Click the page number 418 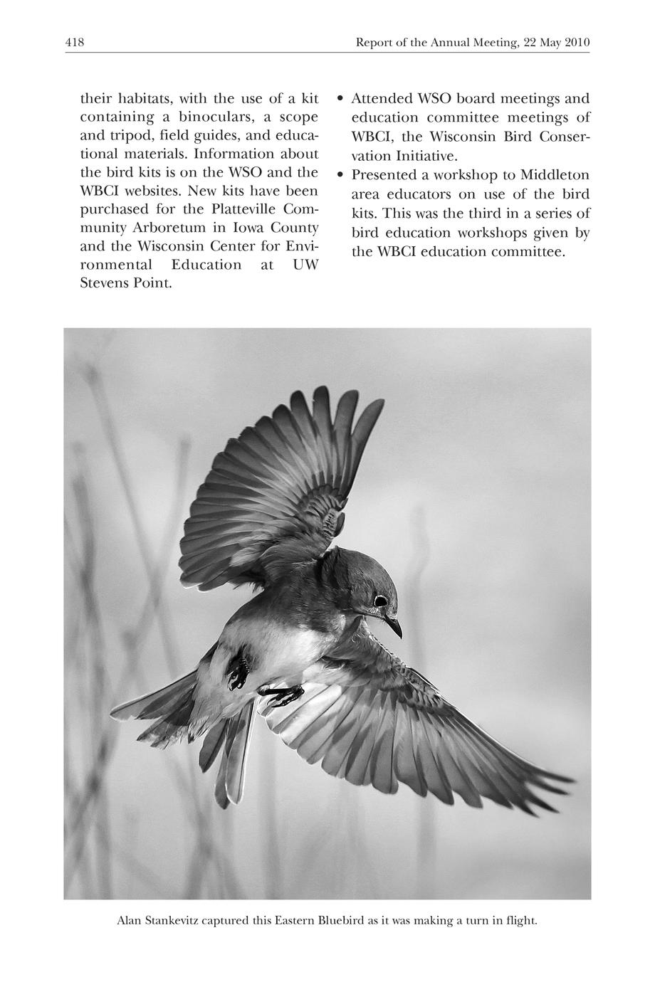click(x=75, y=43)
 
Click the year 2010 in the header click(x=577, y=43)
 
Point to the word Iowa click(x=249, y=228)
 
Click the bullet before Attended click(x=340, y=98)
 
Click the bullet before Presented click(x=340, y=175)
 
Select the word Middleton click(x=555, y=175)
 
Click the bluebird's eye click(x=380, y=601)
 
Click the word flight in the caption click(x=520, y=921)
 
